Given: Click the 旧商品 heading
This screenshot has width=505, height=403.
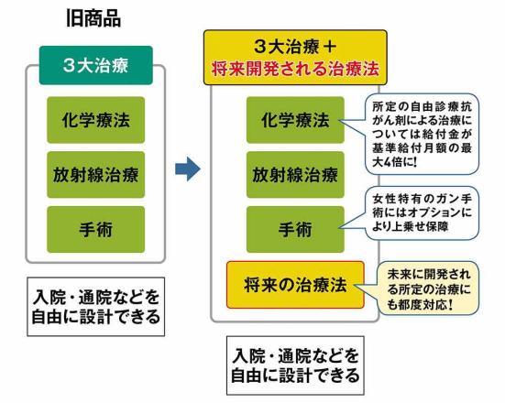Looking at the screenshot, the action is (x=93, y=18).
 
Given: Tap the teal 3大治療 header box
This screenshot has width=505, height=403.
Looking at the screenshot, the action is (x=96, y=65).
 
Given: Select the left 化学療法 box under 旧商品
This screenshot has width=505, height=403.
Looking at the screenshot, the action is (x=96, y=120).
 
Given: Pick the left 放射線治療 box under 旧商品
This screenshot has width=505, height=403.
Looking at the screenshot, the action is (x=96, y=175).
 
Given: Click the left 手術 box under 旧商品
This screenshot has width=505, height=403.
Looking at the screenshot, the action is (x=96, y=230).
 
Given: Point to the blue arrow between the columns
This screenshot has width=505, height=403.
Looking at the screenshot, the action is (x=188, y=169).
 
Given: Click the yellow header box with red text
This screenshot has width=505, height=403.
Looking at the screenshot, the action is (x=295, y=58).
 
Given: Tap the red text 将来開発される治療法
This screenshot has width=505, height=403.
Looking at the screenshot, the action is (x=295, y=69).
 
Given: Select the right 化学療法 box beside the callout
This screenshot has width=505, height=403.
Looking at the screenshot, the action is (x=295, y=120).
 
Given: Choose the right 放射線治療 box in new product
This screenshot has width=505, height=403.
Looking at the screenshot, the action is (x=295, y=175).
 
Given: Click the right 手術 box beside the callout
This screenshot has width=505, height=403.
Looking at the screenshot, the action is (x=295, y=230).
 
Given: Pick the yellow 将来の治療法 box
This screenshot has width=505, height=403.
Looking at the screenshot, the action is (x=295, y=285).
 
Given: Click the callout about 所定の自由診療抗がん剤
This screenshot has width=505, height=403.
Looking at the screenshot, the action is (x=422, y=135).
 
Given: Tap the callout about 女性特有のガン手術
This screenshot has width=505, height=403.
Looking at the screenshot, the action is (x=422, y=213).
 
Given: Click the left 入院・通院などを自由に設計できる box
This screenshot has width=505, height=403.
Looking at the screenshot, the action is (x=96, y=307).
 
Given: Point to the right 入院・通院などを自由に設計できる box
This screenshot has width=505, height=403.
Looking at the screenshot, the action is (x=295, y=365).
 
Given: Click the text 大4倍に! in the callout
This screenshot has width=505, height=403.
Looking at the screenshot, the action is (x=394, y=162).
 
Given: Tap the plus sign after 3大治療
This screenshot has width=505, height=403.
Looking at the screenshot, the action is (x=329, y=47).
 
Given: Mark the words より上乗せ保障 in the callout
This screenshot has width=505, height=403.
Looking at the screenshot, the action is (x=410, y=226).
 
